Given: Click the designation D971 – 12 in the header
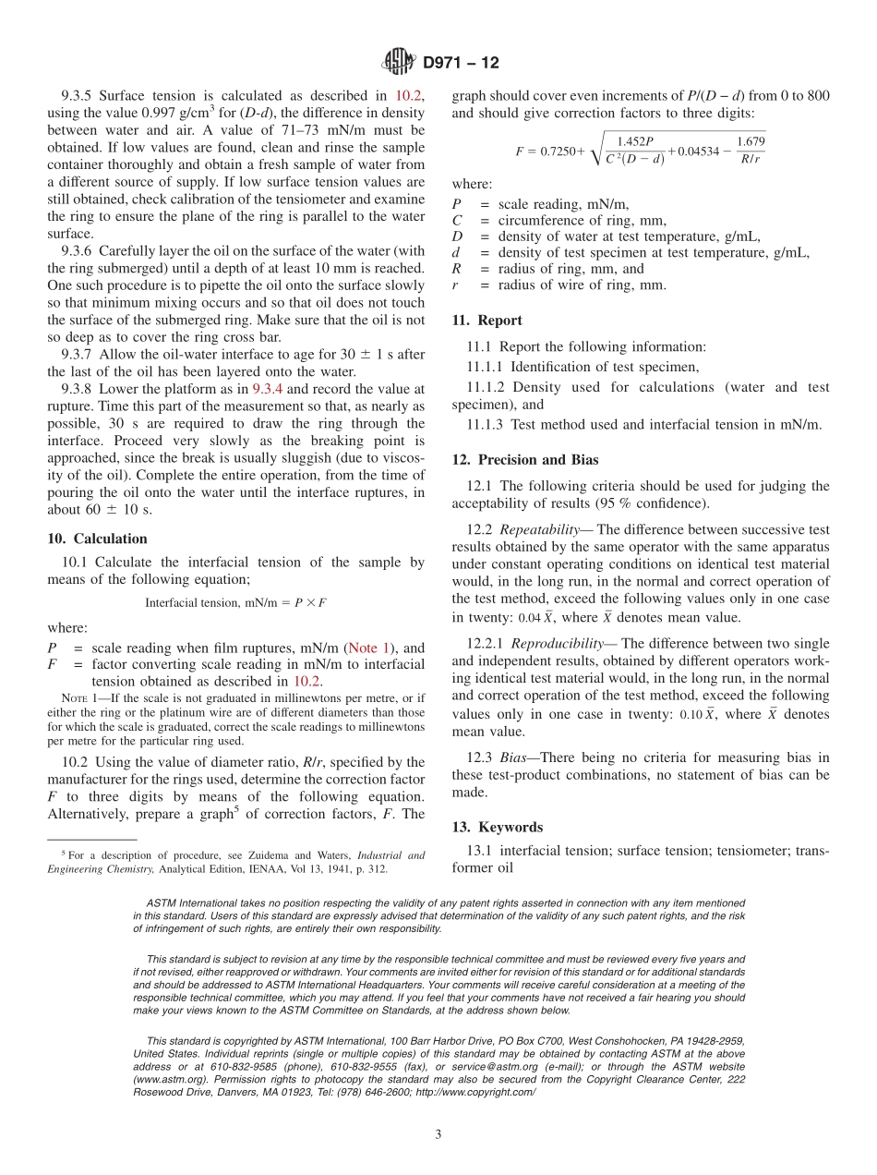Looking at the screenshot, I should pos(460,63).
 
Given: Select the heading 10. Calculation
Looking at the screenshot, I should pos(97,539).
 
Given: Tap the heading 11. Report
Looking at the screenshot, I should pos(487,321).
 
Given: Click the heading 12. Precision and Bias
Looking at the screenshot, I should pos(524,459).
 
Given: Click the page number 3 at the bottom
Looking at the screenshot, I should pos(438,1134).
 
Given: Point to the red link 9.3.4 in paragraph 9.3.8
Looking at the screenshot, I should pos(268,389).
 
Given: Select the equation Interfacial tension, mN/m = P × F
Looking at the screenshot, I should pos(235,602).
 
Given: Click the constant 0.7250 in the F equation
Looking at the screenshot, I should pos(558,151).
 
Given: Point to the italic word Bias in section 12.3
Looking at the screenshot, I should pos(512,758).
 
